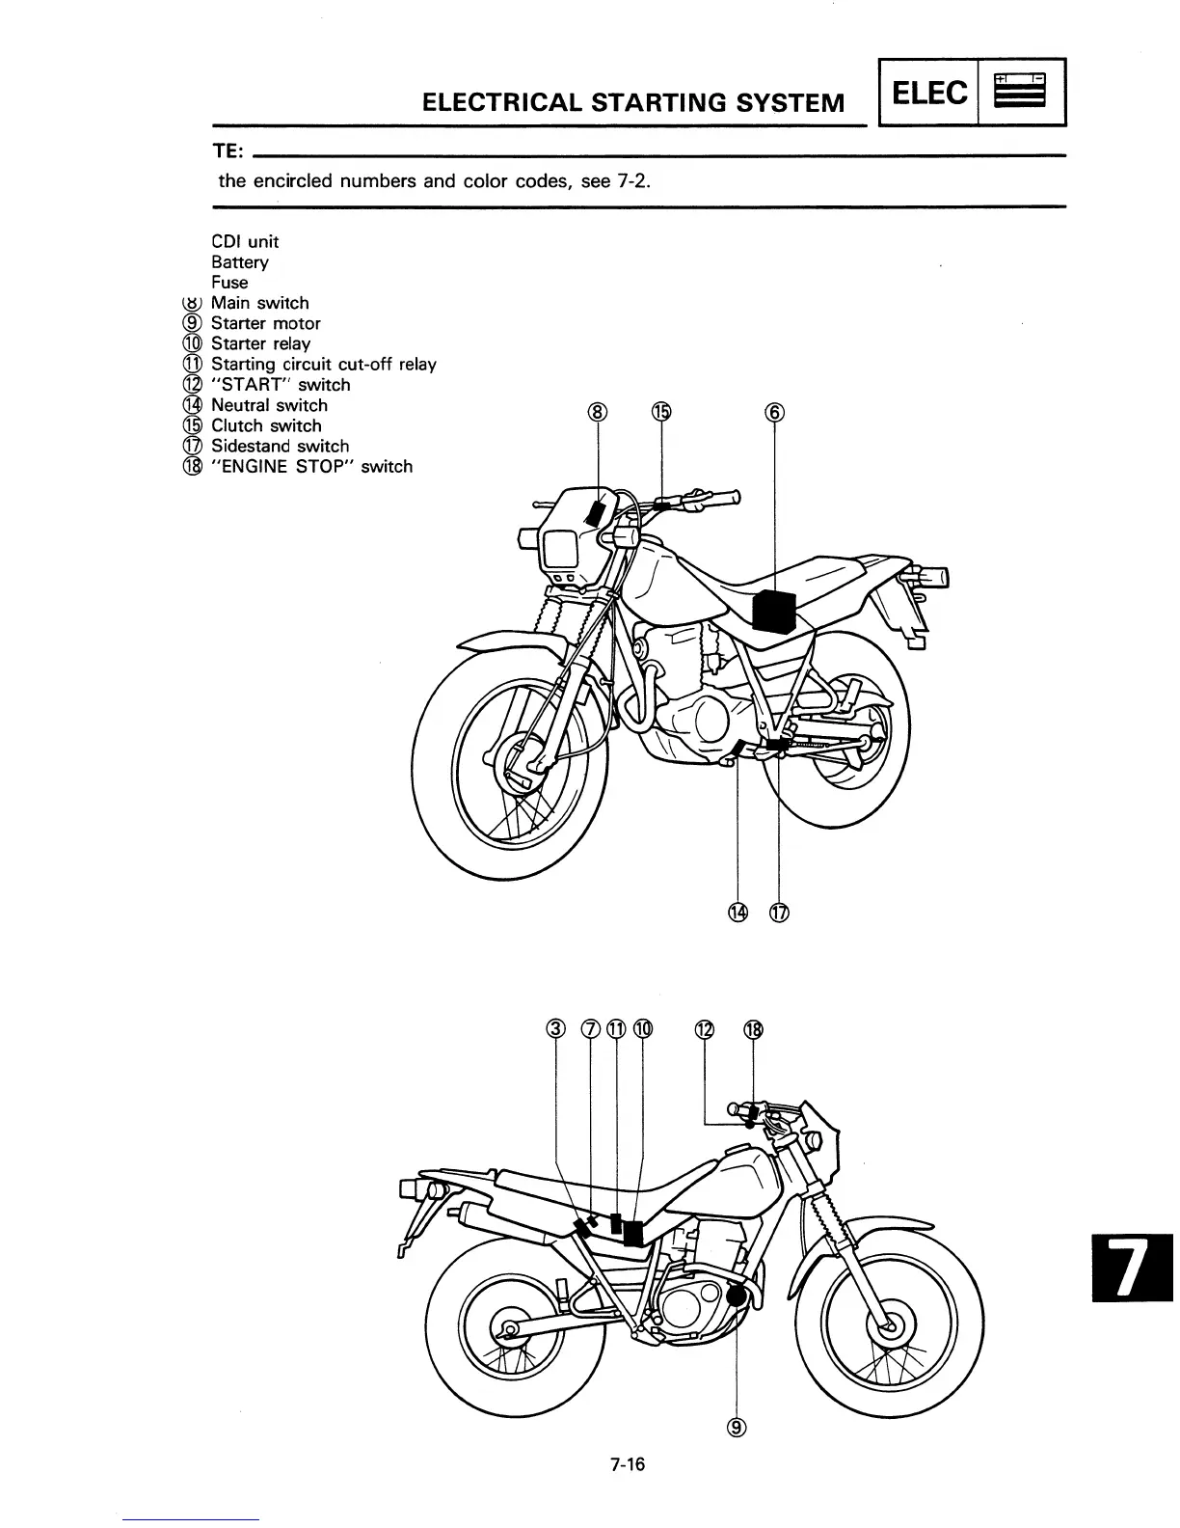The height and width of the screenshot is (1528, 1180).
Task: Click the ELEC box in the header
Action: coord(929,93)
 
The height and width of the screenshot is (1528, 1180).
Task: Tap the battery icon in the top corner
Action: coord(1021,92)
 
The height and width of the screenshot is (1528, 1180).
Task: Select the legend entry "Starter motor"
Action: coord(265,323)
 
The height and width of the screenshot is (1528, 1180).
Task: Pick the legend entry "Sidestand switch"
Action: coord(280,446)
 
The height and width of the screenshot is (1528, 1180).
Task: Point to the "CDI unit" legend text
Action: coord(245,241)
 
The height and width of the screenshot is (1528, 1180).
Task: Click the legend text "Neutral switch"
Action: coord(269,405)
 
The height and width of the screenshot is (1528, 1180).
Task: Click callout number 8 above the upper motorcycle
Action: coord(599,413)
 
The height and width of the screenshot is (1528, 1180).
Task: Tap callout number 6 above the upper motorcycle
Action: coord(774,413)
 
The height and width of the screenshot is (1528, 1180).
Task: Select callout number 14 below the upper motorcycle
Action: coord(737,913)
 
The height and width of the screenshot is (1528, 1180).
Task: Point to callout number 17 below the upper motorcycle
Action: coord(779,913)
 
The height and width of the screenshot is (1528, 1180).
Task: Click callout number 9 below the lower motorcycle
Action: coord(737,1429)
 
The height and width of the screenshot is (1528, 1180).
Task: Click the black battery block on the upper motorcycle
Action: coord(774,611)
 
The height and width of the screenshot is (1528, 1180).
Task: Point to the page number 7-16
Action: coord(627,1465)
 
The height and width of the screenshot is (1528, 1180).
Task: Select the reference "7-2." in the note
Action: coord(630,180)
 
